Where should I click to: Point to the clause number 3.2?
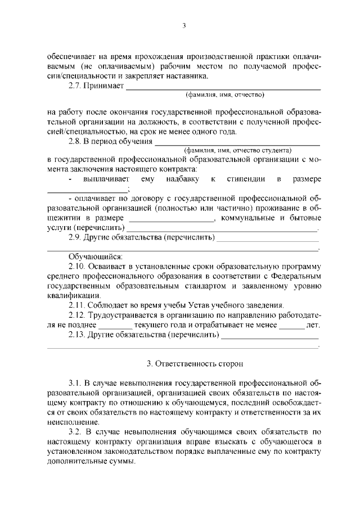point(75,432)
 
